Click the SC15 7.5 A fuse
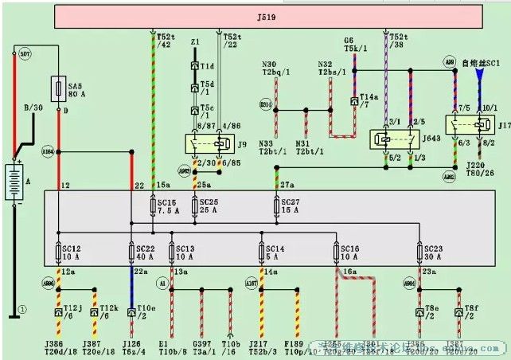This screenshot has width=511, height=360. (153, 205)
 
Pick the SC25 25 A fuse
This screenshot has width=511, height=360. (197, 205)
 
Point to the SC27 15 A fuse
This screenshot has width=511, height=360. (275, 205)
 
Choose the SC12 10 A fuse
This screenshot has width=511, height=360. (57, 252)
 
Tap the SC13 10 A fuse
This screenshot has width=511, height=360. (172, 252)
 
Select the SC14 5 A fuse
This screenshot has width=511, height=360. (261, 252)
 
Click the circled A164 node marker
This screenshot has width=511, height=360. (48, 151)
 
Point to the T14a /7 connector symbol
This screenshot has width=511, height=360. (355, 103)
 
